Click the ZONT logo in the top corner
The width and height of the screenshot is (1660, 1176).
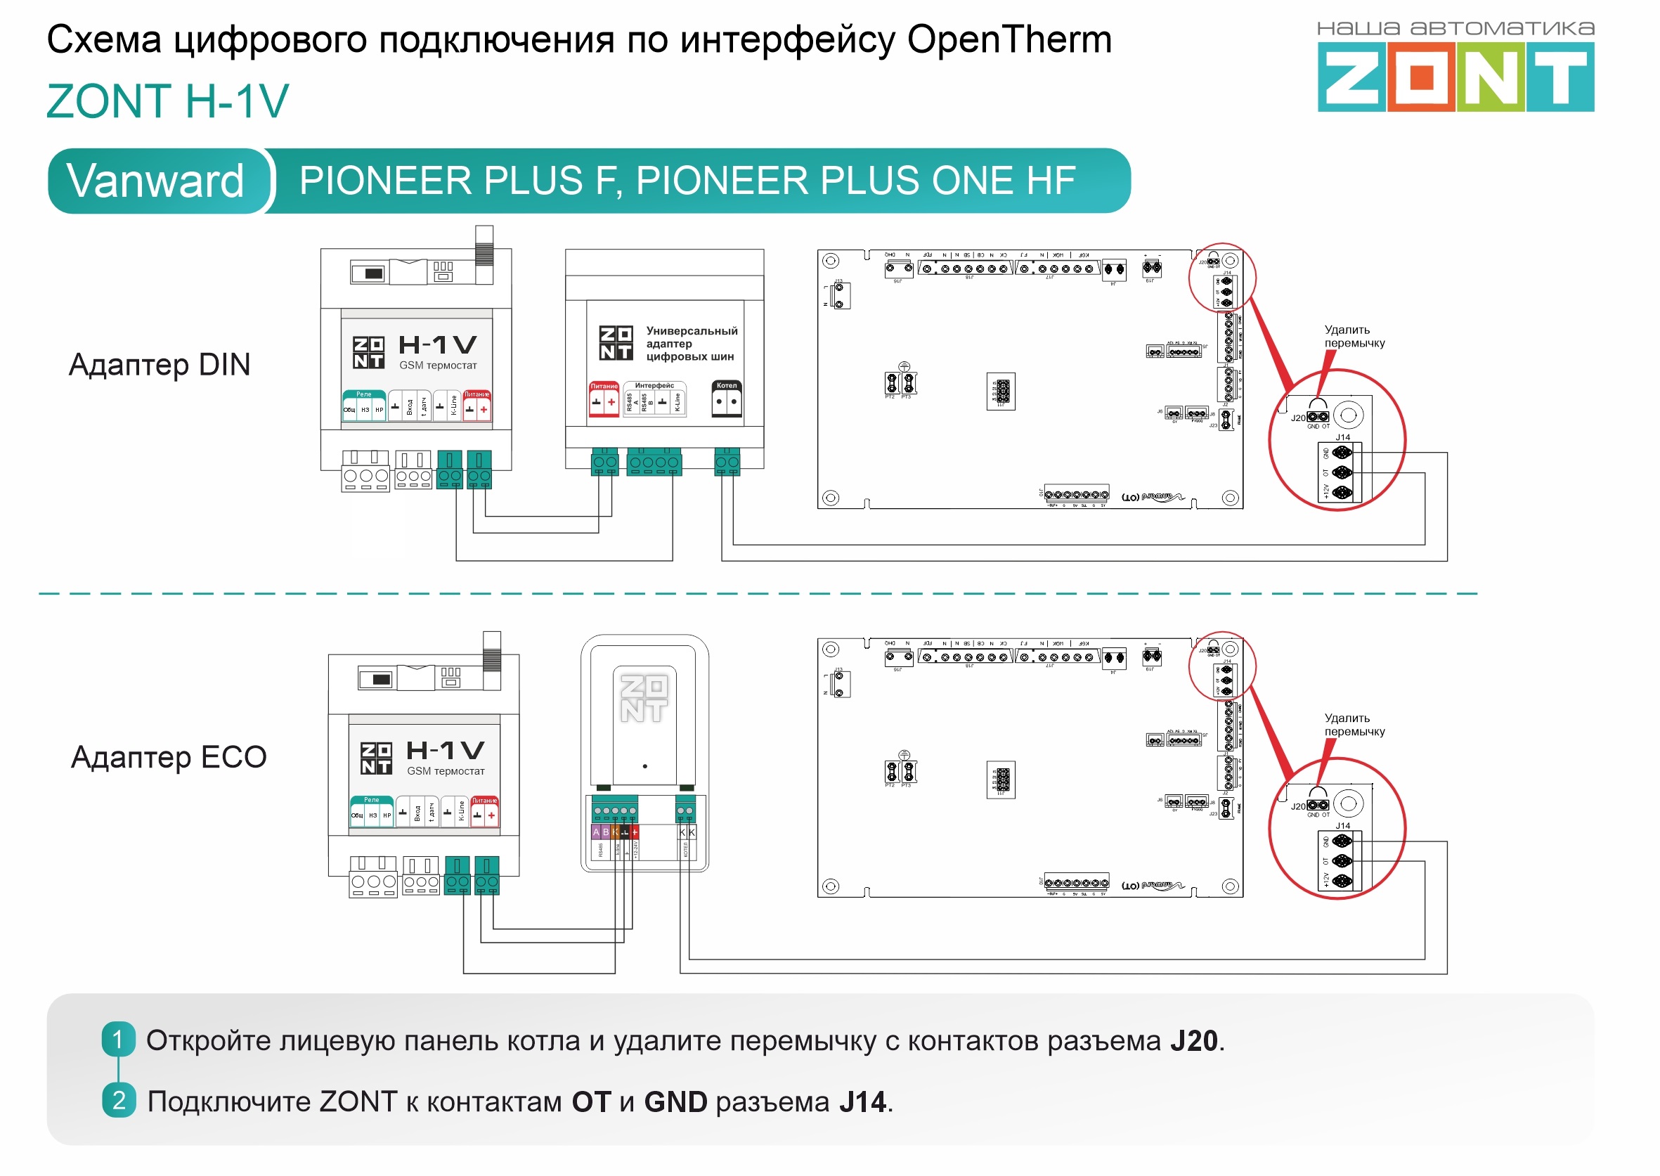[x=1455, y=75]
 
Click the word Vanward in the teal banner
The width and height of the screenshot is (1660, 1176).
[x=155, y=181]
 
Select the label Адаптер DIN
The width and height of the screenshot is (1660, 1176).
[x=160, y=364]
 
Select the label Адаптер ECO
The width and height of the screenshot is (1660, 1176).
[x=169, y=757]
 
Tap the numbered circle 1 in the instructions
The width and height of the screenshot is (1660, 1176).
[x=118, y=1039]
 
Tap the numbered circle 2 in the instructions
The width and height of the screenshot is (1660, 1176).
[x=118, y=1100]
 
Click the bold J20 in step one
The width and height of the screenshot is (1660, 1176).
[x=1193, y=1040]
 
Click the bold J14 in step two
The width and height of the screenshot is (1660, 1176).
[x=862, y=1101]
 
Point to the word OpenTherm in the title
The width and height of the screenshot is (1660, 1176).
[x=1009, y=39]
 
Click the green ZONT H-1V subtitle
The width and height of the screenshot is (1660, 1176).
[x=167, y=101]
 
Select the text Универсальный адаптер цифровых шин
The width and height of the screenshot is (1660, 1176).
[x=691, y=343]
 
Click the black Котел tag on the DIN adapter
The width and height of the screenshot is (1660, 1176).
[x=726, y=386]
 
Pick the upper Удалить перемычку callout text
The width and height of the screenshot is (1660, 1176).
[x=1354, y=337]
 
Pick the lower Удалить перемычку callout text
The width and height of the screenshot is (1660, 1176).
[x=1354, y=725]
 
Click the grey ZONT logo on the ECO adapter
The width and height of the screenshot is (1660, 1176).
[x=644, y=698]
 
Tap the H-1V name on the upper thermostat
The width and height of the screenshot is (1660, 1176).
[x=437, y=344]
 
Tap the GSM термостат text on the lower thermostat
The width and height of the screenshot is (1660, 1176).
[x=446, y=771]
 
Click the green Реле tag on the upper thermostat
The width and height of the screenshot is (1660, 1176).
[x=363, y=394]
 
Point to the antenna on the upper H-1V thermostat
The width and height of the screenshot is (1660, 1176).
[x=484, y=246]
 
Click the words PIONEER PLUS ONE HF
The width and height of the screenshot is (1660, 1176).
[x=855, y=181]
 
